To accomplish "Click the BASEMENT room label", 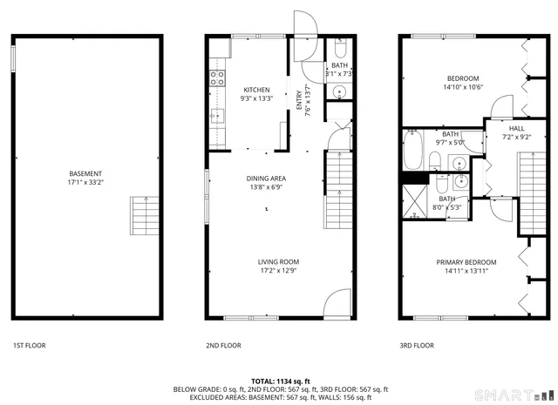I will click(x=85, y=173).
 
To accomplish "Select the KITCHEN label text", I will click(x=256, y=90).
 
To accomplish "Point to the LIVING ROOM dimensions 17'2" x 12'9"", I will click(x=278, y=270).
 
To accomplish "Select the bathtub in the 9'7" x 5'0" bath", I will click(x=412, y=151).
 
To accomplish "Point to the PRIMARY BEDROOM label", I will click(x=466, y=262).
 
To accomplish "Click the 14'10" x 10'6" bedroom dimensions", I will click(x=463, y=87).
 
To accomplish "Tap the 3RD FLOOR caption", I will click(x=417, y=346).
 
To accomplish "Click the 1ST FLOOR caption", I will click(x=29, y=346).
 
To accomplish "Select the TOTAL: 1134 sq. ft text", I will click(x=281, y=381).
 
